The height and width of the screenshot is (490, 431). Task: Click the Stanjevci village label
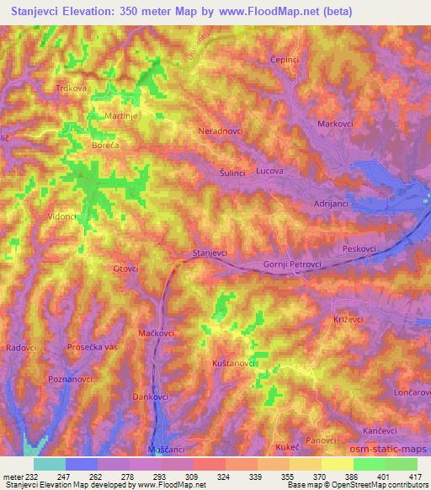(212, 253)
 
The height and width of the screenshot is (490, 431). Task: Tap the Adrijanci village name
(333, 205)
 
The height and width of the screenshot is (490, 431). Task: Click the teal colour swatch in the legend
(50, 464)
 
